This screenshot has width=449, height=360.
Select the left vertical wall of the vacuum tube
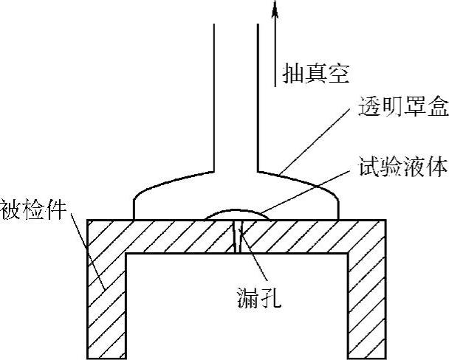(213, 96)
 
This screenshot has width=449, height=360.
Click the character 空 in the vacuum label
(337, 72)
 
